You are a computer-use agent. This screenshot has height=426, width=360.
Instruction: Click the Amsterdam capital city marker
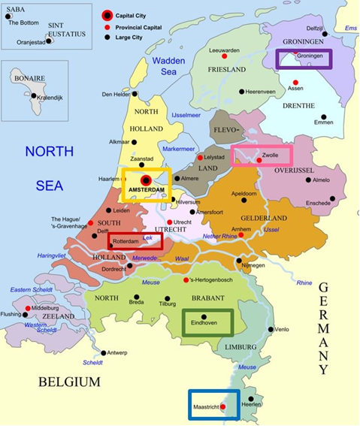tap(146, 180)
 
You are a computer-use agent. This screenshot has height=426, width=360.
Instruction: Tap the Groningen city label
tap(310, 56)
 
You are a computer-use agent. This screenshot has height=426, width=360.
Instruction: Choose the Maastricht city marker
tap(222, 406)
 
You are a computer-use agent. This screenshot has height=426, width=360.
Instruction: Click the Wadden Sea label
tap(169, 66)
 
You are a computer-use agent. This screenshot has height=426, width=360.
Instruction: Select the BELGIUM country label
tap(69, 382)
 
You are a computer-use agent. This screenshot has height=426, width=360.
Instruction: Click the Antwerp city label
tap(117, 352)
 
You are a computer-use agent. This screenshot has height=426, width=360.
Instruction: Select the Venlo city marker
tap(273, 329)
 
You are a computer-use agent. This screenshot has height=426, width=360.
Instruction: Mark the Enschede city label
tap(316, 204)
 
